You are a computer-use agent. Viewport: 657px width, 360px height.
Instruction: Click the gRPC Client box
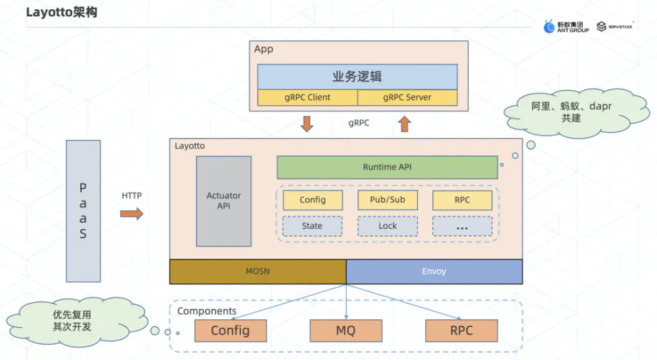[x=307, y=98]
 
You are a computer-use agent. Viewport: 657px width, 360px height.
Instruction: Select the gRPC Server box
[x=407, y=98]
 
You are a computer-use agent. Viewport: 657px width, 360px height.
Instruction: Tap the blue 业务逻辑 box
[x=357, y=76]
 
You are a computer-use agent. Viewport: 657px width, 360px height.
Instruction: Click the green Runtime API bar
[x=387, y=168]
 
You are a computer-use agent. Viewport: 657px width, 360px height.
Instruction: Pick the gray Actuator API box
[x=224, y=201]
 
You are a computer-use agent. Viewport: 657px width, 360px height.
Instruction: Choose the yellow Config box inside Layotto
[x=313, y=200]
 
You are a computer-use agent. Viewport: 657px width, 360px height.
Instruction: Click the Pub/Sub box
[x=388, y=200]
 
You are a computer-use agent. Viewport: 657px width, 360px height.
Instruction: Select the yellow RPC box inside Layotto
[x=463, y=200]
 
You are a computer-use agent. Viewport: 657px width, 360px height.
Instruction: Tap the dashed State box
[x=313, y=226]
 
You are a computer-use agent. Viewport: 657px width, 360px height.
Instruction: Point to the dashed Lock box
[x=388, y=226]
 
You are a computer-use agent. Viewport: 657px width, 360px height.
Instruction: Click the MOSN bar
[x=258, y=271]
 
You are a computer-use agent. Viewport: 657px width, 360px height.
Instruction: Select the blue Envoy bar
[x=434, y=271]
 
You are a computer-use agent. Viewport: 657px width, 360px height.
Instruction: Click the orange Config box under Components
[x=231, y=330]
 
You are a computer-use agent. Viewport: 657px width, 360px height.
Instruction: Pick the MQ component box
[x=346, y=330]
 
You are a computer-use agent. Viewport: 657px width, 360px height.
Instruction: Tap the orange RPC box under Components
[x=461, y=330]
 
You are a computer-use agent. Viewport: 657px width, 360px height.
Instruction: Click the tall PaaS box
[x=83, y=211]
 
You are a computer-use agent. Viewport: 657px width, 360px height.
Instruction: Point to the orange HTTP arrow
[x=131, y=214]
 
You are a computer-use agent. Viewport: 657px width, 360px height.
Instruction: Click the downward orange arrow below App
[x=307, y=124]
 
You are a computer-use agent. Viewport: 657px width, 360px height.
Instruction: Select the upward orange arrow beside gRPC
[x=405, y=124]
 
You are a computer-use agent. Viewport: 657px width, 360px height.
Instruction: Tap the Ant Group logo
[x=566, y=26]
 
